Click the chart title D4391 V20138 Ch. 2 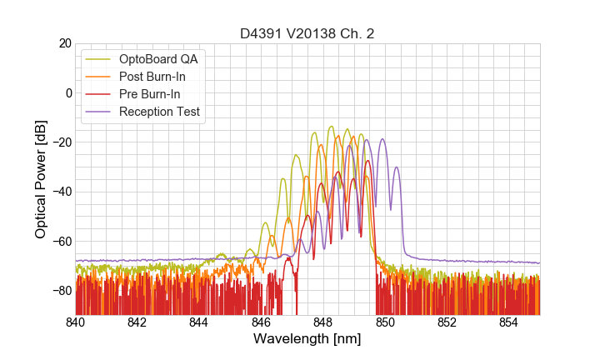307,33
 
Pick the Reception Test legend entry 158,112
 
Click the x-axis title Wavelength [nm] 307,339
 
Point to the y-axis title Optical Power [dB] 41,178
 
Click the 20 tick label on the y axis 64,43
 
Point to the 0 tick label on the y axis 67,92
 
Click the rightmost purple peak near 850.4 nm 397,167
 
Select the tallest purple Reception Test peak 382,139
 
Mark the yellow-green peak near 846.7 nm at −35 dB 283,179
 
